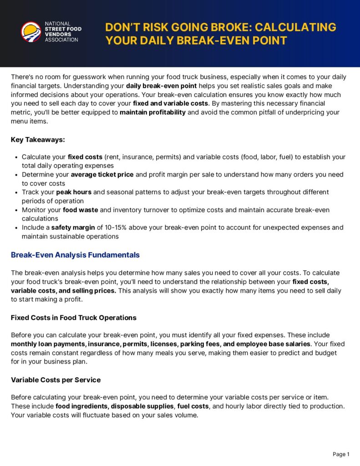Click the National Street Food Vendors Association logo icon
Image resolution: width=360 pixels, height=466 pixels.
tap(31, 32)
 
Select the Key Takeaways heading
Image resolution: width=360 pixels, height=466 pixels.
tap(38, 140)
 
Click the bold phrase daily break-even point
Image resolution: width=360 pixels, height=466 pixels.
tap(162, 86)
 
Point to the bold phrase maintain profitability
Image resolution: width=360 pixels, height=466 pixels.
tap(152, 112)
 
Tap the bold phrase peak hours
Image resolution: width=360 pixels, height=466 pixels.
tap(74, 192)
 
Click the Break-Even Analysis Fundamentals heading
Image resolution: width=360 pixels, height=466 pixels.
tap(75, 255)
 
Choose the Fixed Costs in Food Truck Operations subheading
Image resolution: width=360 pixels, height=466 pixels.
tap(74, 317)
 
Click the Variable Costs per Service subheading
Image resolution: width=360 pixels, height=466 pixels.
tap(56, 380)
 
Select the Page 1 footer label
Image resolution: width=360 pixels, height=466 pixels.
tap(341, 454)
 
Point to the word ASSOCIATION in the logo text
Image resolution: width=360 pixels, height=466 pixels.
tap(61, 40)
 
